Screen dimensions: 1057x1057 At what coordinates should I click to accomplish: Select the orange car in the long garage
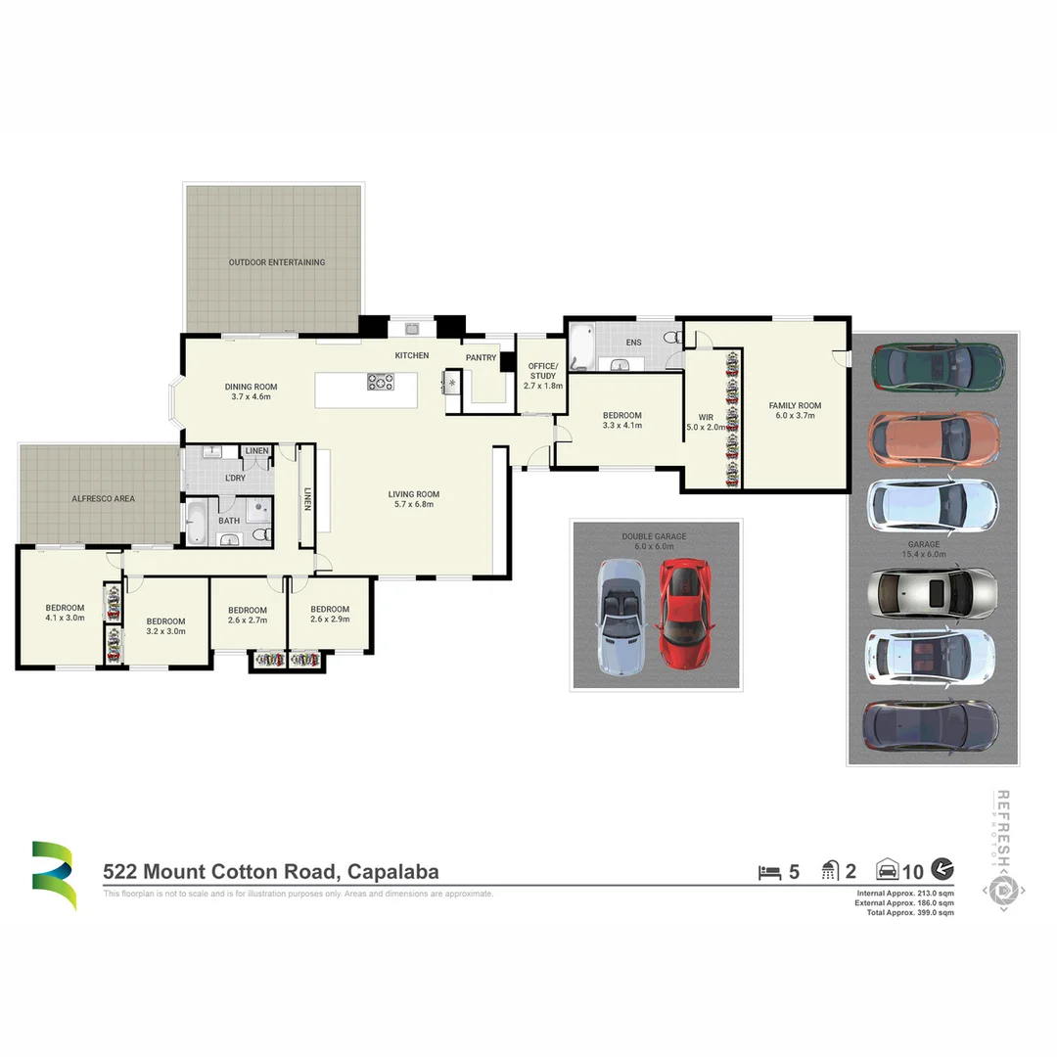pyautogui.click(x=935, y=437)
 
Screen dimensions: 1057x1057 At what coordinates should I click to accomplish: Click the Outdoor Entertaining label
pyautogui.click(x=277, y=262)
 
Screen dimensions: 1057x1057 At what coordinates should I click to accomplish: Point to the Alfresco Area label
pyautogui.click(x=104, y=498)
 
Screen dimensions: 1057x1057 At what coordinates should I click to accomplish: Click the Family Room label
pyautogui.click(x=795, y=405)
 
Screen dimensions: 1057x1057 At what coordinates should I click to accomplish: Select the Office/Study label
pyautogui.click(x=542, y=371)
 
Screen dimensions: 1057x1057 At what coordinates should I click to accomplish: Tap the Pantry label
pyautogui.click(x=481, y=358)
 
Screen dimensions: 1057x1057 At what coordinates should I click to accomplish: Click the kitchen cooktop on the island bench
pyautogui.click(x=381, y=382)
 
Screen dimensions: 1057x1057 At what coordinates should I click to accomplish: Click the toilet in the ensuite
pyautogui.click(x=672, y=338)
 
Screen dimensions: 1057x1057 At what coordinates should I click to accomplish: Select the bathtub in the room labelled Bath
pyautogui.click(x=195, y=524)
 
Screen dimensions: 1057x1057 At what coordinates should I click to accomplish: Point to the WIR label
pyautogui.click(x=706, y=417)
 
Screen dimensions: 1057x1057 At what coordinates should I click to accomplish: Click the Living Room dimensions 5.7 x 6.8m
pyautogui.click(x=413, y=504)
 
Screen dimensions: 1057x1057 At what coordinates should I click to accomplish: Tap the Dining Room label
pyautogui.click(x=252, y=387)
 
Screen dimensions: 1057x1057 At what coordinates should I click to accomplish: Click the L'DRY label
pyautogui.click(x=235, y=478)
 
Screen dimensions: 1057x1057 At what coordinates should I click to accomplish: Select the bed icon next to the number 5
pyautogui.click(x=769, y=871)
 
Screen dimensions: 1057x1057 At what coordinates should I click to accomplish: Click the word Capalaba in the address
pyautogui.click(x=388, y=872)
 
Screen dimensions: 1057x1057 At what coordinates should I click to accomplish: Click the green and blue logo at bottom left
pyautogui.click(x=53, y=874)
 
